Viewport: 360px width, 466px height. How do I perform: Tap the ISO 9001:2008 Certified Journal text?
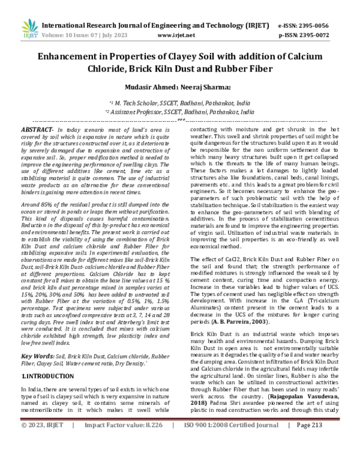pyautogui.click(x=231, y=458)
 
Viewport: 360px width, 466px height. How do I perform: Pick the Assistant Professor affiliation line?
pyautogui.click(x=179, y=112)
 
